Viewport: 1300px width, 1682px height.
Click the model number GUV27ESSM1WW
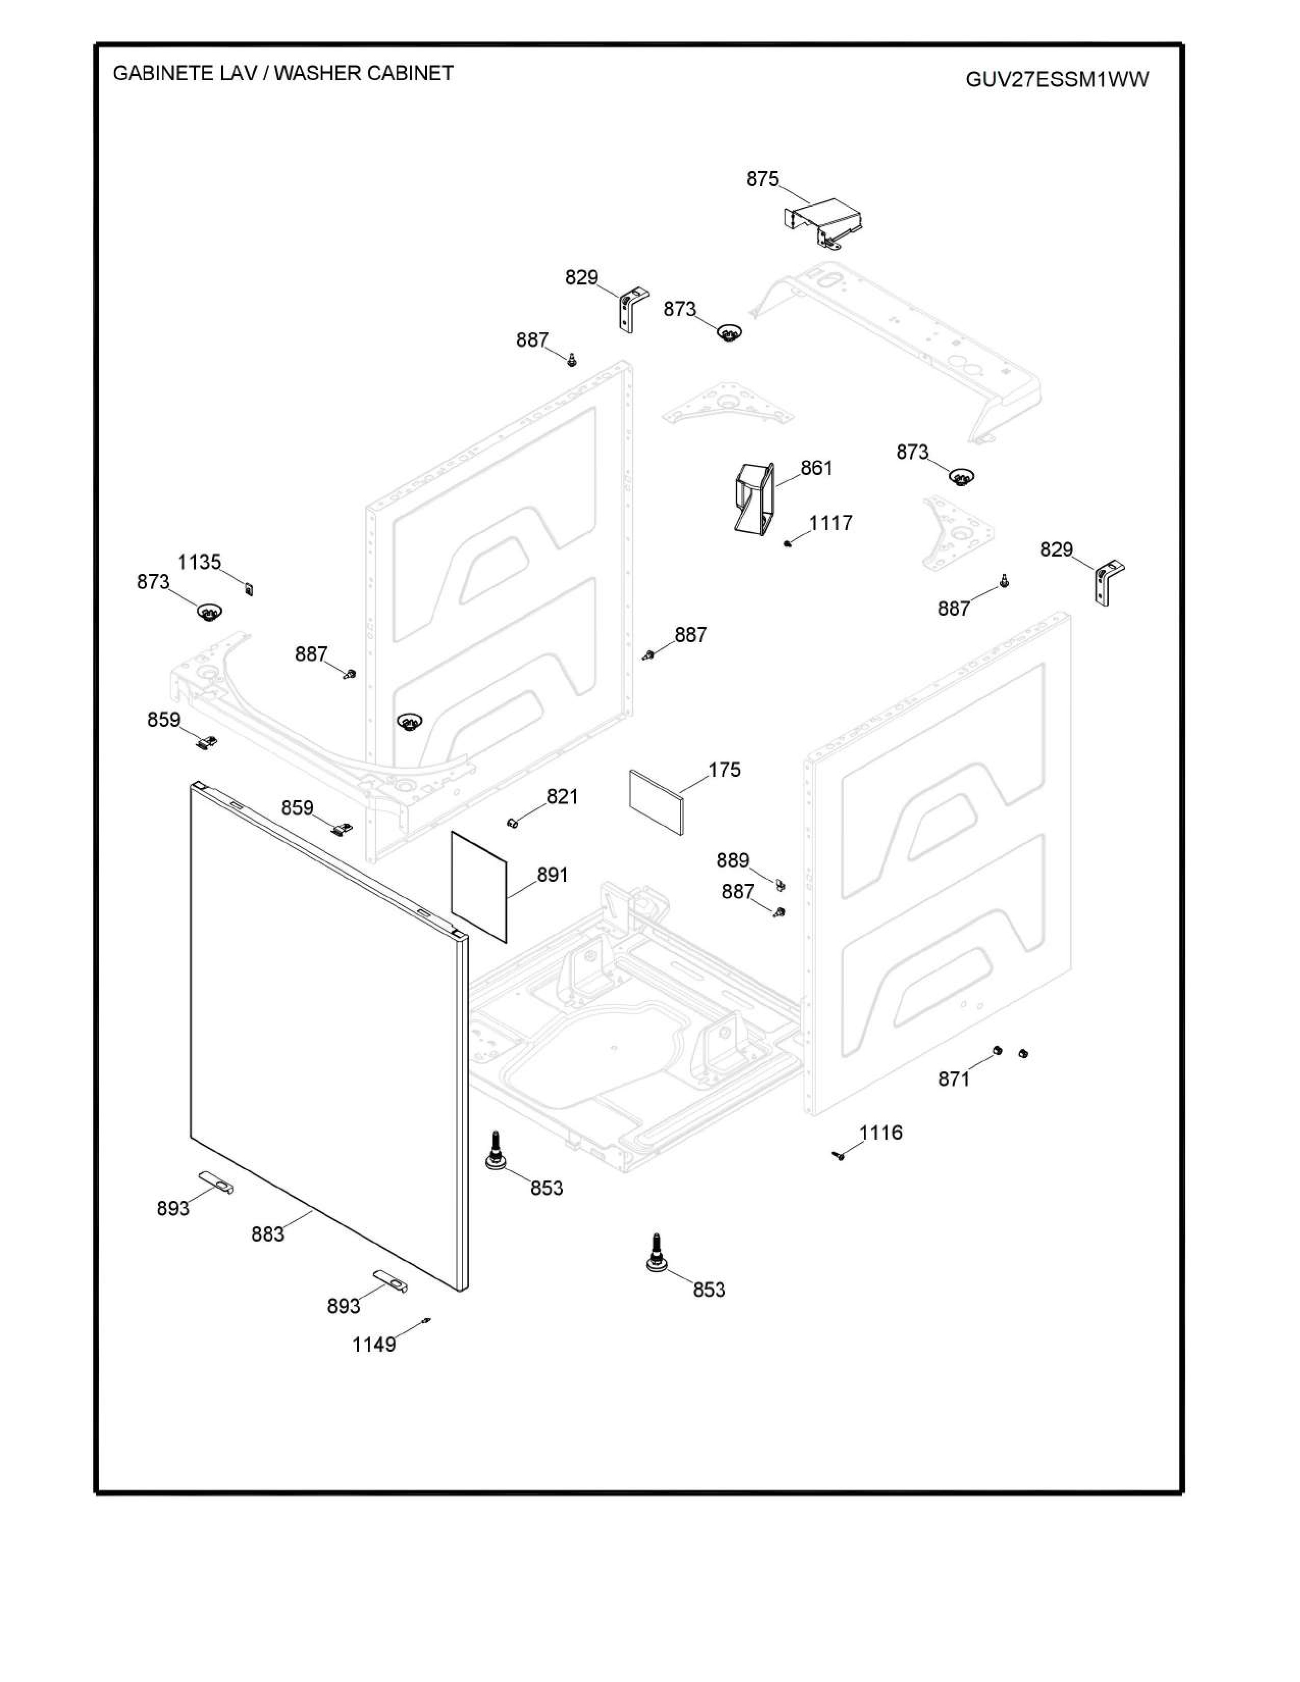1057,80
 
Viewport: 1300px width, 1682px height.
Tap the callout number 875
763,179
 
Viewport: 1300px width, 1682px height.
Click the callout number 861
816,468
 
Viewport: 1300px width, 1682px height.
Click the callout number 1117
830,523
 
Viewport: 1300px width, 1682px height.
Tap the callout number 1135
199,562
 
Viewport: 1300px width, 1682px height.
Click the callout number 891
552,875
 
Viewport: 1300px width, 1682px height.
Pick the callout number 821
562,796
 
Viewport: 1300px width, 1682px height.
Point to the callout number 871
953,1079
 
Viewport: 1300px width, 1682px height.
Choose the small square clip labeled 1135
248,589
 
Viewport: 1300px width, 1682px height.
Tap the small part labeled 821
511,823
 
